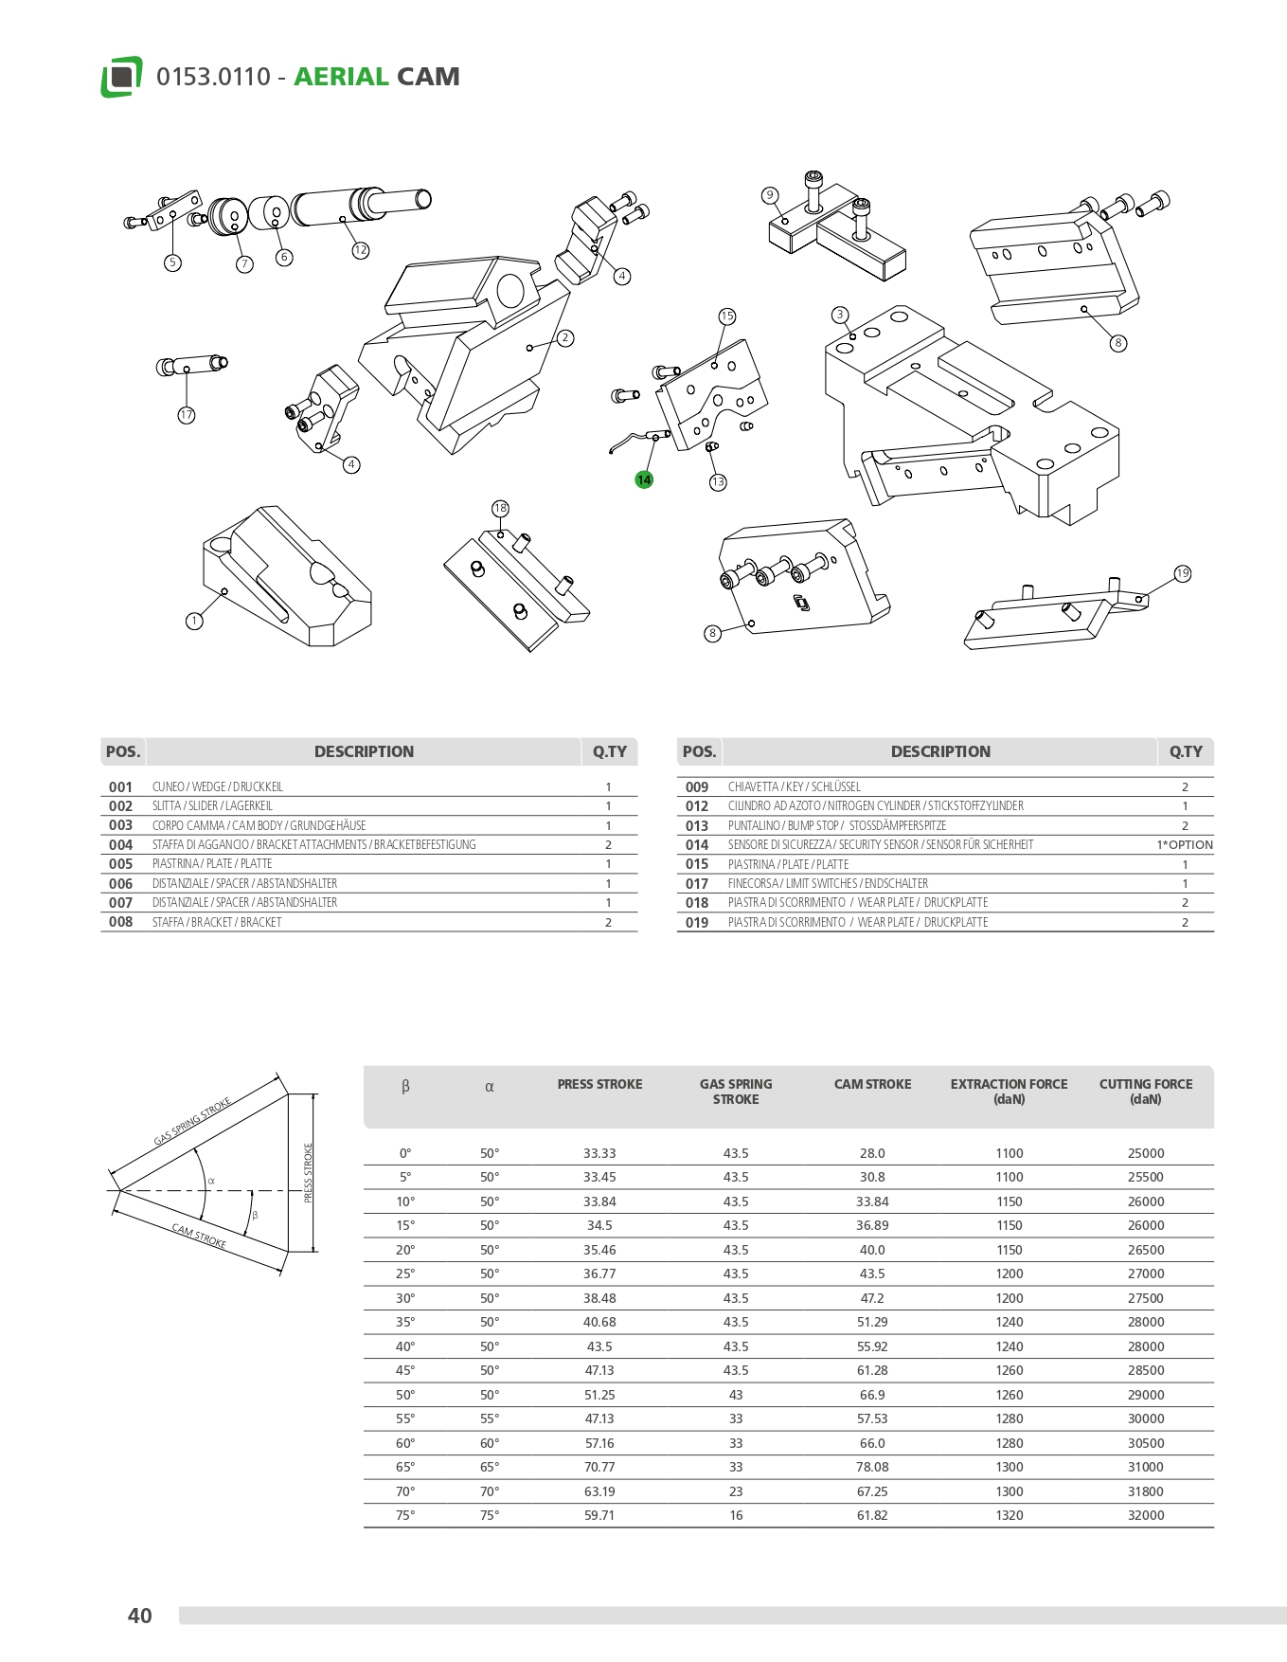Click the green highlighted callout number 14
point(644,479)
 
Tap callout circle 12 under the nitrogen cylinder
point(360,250)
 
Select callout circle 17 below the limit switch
point(187,415)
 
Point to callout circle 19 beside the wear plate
point(1182,573)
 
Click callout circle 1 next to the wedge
point(194,622)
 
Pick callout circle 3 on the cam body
point(839,315)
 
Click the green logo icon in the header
point(121,77)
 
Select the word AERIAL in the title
point(341,77)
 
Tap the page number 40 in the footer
point(140,1616)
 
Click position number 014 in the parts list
point(697,845)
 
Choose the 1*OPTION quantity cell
point(1184,845)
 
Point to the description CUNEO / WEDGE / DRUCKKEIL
point(217,787)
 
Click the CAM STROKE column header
point(872,1084)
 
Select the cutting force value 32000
point(1145,1515)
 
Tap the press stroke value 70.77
point(599,1467)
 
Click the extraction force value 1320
point(1009,1515)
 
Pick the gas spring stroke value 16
point(736,1515)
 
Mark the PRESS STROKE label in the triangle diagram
point(308,1173)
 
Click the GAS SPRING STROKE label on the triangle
point(192,1122)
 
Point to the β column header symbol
point(405,1087)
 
